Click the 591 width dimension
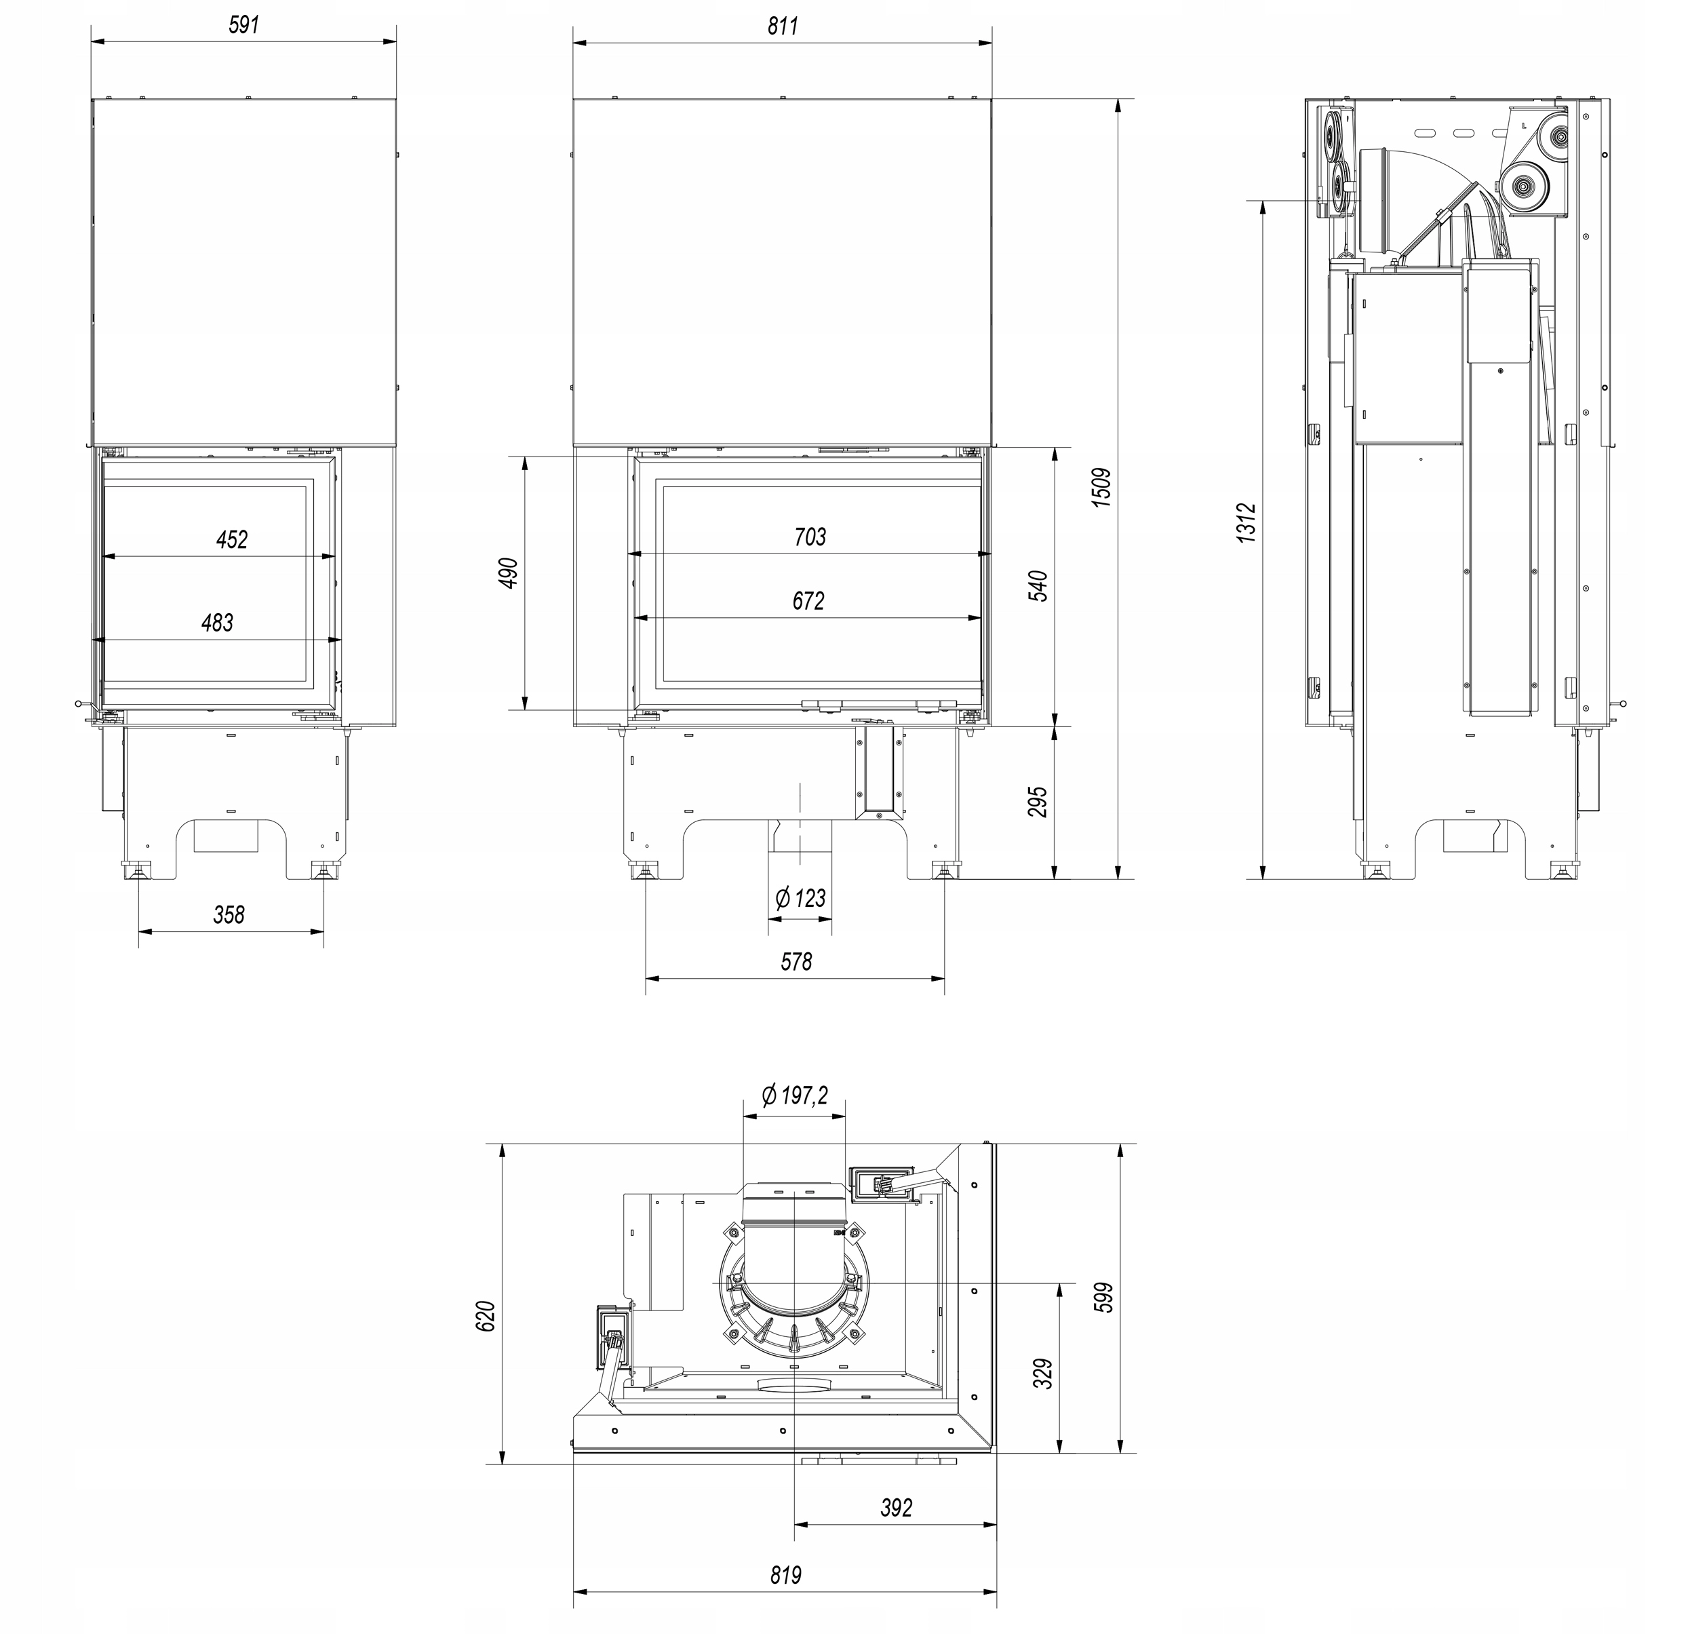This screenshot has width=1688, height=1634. coord(243,24)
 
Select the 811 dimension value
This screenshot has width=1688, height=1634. coord(783,26)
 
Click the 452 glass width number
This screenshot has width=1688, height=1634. coord(232,539)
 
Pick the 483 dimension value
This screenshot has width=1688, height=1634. coord(217,622)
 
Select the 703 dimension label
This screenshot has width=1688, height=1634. coord(810,537)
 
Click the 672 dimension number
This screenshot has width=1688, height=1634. coord(808,600)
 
